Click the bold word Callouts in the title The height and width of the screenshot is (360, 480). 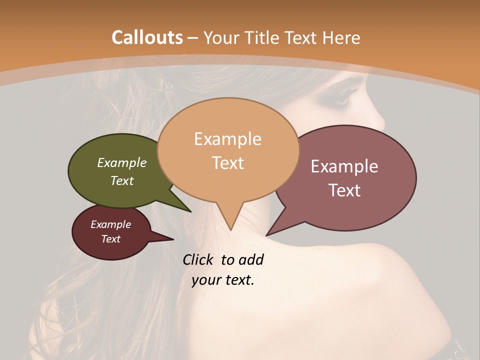[x=147, y=37]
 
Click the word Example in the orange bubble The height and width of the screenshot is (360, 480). [x=227, y=139]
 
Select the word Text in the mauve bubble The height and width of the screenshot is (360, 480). [x=345, y=190]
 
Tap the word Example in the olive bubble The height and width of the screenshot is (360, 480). [x=122, y=163]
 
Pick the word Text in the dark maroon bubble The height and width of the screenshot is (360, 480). [x=111, y=239]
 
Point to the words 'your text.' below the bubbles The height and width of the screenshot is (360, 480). [x=223, y=280]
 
